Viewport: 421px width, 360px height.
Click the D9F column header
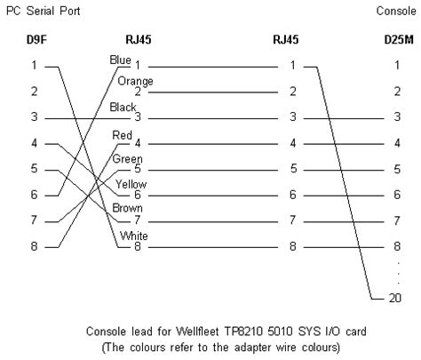click(x=34, y=39)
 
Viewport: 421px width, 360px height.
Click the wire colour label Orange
click(x=134, y=82)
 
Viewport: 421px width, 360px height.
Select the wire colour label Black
click(x=123, y=107)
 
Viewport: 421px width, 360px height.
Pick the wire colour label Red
click(x=123, y=134)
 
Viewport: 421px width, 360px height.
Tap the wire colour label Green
click(x=127, y=159)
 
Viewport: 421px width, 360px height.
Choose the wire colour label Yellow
click(x=130, y=184)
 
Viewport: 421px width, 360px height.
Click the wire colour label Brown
click(x=127, y=208)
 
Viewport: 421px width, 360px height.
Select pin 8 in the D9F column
click(x=34, y=245)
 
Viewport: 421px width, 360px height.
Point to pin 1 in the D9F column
click(x=34, y=65)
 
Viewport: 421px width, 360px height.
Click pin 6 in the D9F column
click(x=34, y=194)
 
